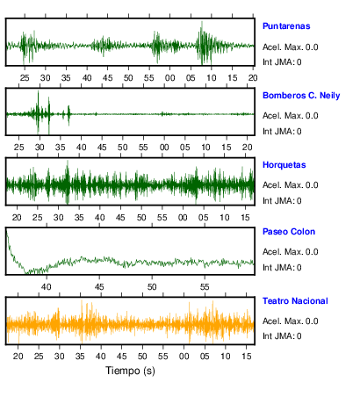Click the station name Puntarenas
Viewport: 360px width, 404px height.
coord(286,26)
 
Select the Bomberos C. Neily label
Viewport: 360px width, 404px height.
coord(301,96)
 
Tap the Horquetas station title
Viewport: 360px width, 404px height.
coord(284,165)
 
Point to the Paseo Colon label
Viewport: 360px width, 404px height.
coord(289,232)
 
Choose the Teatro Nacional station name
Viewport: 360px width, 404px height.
coord(295,301)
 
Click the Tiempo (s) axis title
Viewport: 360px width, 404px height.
coord(130,371)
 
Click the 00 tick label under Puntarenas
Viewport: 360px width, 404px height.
coord(169,78)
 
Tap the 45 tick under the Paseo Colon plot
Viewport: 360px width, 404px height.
coord(99,287)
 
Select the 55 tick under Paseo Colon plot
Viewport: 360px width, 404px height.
coord(205,287)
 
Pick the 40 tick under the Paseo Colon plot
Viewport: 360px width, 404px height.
coord(47,287)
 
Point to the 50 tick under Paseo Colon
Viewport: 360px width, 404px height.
coord(152,287)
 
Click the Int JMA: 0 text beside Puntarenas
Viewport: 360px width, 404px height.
coord(282,62)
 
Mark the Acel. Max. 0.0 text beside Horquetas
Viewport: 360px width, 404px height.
coord(291,185)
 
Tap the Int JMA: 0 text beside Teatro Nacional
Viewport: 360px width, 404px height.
coord(282,335)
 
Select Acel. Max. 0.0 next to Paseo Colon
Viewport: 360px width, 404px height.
coord(291,252)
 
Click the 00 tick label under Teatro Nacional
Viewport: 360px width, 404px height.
coord(184,357)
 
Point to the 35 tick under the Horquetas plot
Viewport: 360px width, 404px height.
coord(79,218)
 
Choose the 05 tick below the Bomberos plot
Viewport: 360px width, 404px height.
coord(184,148)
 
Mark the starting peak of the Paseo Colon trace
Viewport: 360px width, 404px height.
coord(6,229)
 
